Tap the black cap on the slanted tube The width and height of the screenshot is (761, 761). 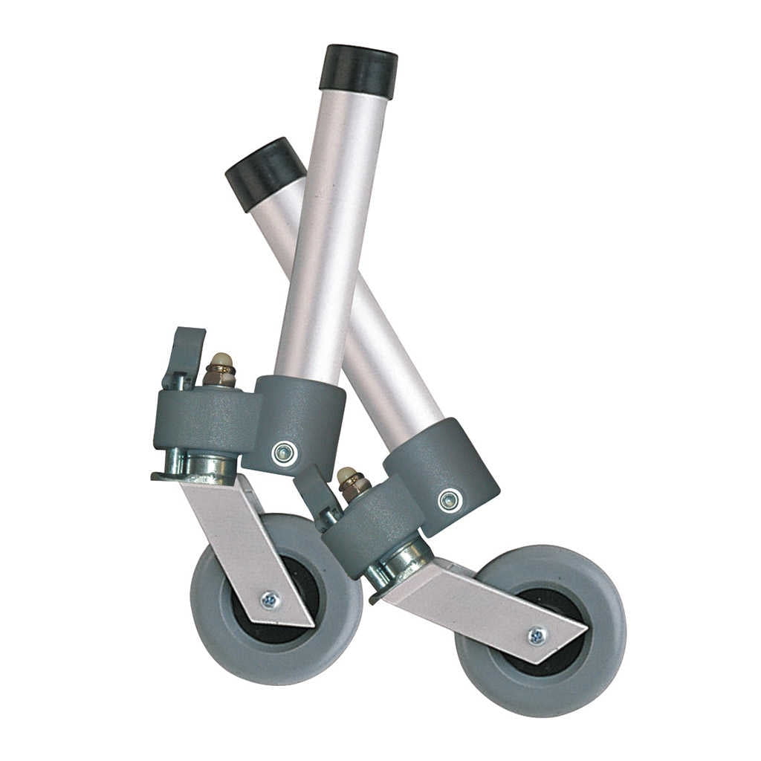point(265,172)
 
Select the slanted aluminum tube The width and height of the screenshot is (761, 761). point(386,349)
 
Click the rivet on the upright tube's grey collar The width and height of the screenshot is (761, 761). point(283,453)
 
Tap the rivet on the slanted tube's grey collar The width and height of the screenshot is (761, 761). point(448,499)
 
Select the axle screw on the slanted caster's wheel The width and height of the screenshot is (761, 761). point(537,635)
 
